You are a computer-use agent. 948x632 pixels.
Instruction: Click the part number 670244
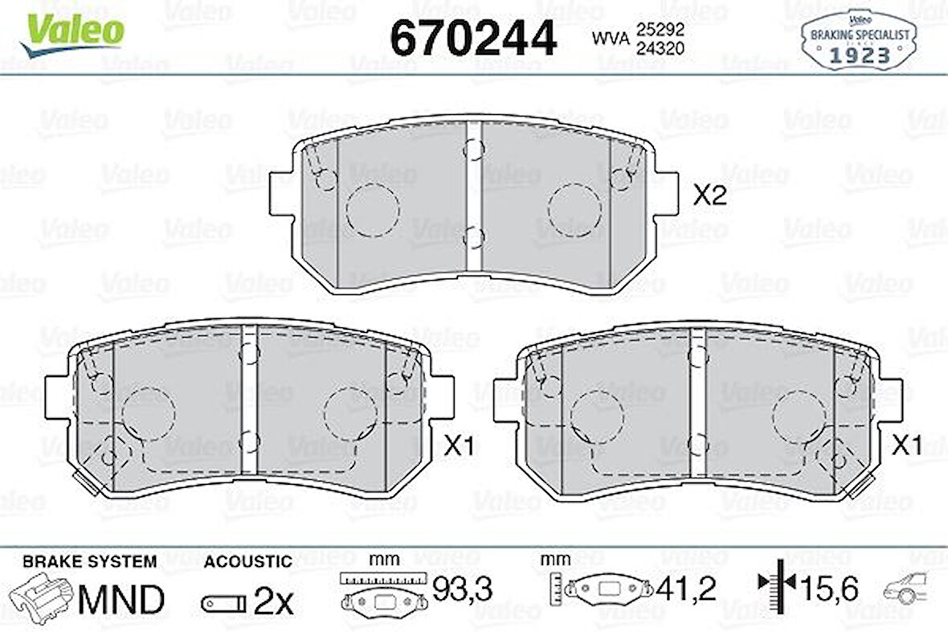tap(472, 36)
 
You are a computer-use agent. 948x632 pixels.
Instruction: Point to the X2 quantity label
tap(710, 195)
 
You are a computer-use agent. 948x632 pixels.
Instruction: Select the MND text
tap(121, 599)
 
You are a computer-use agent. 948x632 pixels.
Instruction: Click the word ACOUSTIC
tap(247, 561)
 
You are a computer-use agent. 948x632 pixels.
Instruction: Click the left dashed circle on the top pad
tap(372, 210)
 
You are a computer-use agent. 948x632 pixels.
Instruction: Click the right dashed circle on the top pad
tap(575, 210)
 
